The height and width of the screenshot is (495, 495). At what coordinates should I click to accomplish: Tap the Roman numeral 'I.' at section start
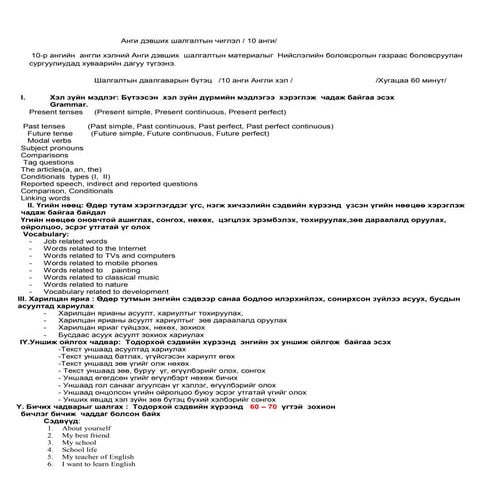pyautogui.click(x=22, y=97)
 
